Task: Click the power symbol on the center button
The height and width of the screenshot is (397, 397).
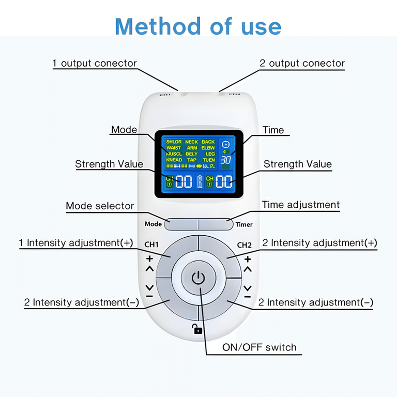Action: click(x=198, y=279)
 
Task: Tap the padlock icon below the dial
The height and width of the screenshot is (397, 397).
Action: click(x=197, y=329)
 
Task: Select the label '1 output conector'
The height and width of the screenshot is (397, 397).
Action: click(x=95, y=64)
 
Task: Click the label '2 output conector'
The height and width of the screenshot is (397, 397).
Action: click(x=302, y=64)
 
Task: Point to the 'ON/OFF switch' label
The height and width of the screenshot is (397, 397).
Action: click(x=259, y=347)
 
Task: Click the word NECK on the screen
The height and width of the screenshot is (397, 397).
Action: click(x=191, y=142)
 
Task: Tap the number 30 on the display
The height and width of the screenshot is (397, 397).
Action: click(x=226, y=160)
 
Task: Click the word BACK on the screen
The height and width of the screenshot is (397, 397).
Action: click(x=208, y=142)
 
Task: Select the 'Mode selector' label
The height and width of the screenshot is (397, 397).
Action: click(x=100, y=206)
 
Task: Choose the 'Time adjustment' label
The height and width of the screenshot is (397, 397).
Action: click(x=301, y=205)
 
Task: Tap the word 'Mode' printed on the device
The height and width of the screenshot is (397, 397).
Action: click(x=153, y=224)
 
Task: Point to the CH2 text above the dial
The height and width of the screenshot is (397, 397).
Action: click(x=245, y=245)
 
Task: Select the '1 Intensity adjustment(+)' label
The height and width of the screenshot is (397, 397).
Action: click(x=76, y=242)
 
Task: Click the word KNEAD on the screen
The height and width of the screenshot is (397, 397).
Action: click(x=174, y=160)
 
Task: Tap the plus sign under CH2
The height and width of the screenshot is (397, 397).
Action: click(x=248, y=258)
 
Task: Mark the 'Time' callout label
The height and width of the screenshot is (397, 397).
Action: click(x=273, y=130)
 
